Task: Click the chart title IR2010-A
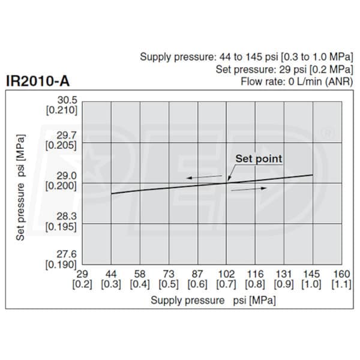(x=41, y=81)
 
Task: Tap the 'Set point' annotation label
(x=258, y=159)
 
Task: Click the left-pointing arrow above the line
(x=199, y=177)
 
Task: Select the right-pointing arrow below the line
(x=248, y=188)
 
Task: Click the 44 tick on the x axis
(x=111, y=274)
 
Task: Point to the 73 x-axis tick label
(x=169, y=274)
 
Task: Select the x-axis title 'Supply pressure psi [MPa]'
(x=213, y=299)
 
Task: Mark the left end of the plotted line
(x=112, y=193)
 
